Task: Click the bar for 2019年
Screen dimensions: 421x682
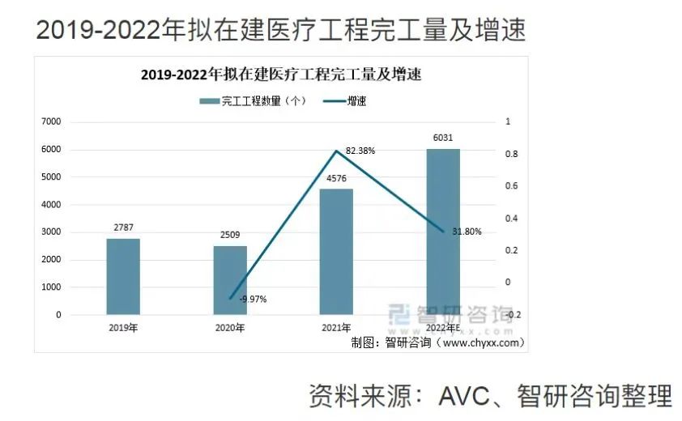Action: tap(123, 276)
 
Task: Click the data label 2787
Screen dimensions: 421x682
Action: tap(123, 229)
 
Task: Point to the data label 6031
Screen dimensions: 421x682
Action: tap(443, 138)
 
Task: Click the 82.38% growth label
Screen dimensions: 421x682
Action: tap(360, 151)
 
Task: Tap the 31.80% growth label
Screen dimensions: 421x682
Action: tap(467, 232)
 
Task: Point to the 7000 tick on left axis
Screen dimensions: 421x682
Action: tap(51, 121)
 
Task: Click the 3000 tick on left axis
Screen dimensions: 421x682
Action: tap(51, 232)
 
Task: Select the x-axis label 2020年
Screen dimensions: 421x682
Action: tap(230, 328)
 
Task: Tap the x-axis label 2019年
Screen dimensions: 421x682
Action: tap(123, 328)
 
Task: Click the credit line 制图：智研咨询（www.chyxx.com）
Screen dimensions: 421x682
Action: tap(437, 342)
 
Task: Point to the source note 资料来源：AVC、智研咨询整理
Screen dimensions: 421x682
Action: tap(490, 396)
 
